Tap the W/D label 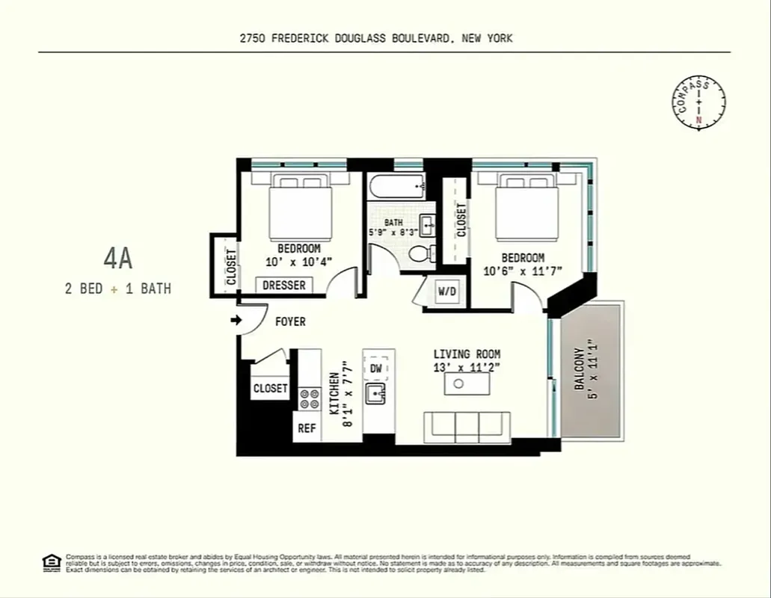coord(447,291)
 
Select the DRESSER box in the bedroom coord(284,286)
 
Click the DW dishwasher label coord(375,369)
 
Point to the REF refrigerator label coord(307,428)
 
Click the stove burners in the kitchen coord(310,398)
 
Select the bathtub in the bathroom coord(396,186)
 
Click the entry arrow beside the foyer coord(236,321)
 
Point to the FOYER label coord(290,322)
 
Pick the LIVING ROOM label coord(467,354)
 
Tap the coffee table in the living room coord(467,383)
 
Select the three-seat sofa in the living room coord(467,427)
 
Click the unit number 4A coord(118,259)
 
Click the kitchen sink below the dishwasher coord(375,392)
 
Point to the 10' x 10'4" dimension coord(298,262)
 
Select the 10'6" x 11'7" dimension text coord(523,271)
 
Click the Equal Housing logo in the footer coord(51,562)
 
